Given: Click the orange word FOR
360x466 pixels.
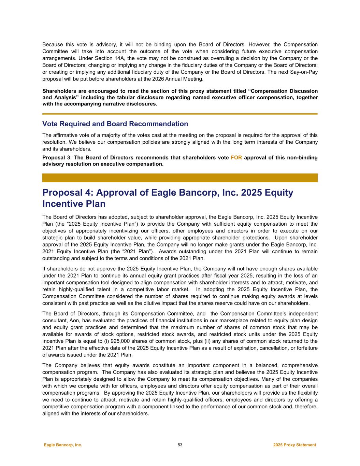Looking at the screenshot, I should pos(236,158).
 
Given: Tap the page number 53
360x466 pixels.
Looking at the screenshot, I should pos(180,445).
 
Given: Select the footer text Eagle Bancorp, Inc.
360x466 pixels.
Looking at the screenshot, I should pos(63,445).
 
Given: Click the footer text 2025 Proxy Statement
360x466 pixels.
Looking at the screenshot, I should pos(294,445).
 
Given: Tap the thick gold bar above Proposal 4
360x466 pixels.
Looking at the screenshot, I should pos(180,178).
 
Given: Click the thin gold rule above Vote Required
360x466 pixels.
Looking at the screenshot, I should pos(180,114).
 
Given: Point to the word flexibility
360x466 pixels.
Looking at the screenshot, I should pos(306,393).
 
